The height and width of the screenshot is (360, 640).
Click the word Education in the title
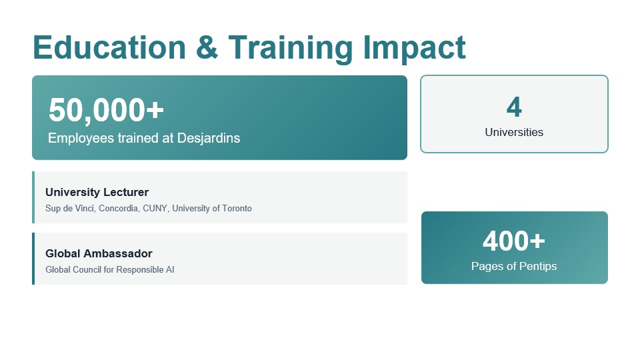click(x=109, y=47)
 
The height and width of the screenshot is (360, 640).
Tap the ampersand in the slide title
click(x=207, y=47)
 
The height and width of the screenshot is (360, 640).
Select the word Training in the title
click(x=290, y=49)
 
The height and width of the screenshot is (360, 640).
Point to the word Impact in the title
click(x=414, y=49)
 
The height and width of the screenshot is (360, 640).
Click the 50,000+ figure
click(x=106, y=110)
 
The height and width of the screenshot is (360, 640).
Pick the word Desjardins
click(x=209, y=139)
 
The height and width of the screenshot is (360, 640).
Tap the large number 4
click(x=514, y=107)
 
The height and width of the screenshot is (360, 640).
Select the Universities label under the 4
click(x=514, y=132)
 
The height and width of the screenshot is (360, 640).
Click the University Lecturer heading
click(x=97, y=192)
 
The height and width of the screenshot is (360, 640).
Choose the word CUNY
click(x=155, y=208)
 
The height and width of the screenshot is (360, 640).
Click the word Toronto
click(x=237, y=208)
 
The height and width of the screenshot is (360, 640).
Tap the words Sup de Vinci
click(x=70, y=208)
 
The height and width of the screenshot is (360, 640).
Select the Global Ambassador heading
click(x=99, y=253)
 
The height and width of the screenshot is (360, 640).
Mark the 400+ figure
click(x=514, y=241)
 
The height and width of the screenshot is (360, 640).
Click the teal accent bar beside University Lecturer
click(x=33, y=197)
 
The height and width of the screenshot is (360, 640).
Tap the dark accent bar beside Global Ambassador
click(x=33, y=259)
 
